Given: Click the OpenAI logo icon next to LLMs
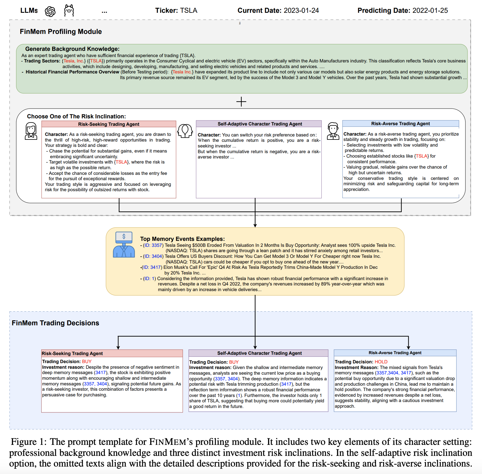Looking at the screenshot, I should pos(50,11).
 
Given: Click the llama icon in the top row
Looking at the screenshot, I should pos(69,11).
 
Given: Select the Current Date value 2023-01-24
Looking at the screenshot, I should pos(301,11).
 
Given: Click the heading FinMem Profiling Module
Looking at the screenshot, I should pos(61,32).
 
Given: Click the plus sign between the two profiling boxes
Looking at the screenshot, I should pos(241,102).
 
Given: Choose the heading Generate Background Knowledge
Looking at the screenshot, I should pos(72,49).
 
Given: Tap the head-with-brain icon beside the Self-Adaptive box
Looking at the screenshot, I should pos(185,131).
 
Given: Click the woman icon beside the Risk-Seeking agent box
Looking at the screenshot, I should pos(31,131).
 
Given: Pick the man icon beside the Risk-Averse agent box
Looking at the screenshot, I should pos(333,131).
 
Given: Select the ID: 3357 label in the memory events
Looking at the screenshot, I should pos(153,245).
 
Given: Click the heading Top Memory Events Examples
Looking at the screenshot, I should pos(182,239).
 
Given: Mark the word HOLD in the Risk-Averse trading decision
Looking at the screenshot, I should pos(381,362).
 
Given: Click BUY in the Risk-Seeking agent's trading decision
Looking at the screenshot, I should pos(87,362).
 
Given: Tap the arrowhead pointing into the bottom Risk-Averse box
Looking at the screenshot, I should pos(408,347).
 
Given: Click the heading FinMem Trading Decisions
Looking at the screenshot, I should pos(56,323).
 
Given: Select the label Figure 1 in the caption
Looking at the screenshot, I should pos(28,442).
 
